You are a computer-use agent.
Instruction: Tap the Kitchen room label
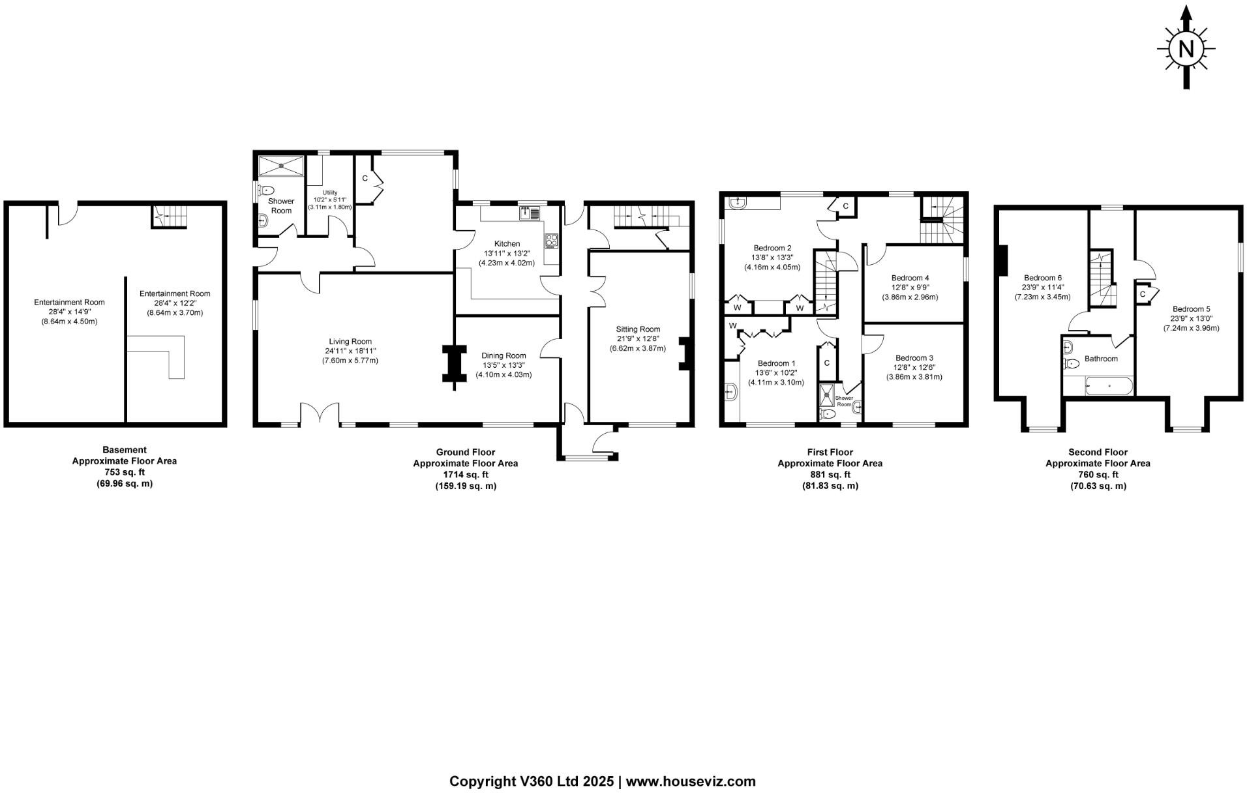[x=506, y=244]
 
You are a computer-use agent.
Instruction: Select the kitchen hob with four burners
[x=552, y=241]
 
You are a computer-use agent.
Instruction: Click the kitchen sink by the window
[x=530, y=213]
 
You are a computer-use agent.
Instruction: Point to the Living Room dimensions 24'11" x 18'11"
[x=350, y=351]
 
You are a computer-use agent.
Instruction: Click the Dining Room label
[x=504, y=355]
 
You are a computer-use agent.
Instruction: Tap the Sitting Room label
[x=639, y=329]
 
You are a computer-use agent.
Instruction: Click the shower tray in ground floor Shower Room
[x=281, y=166]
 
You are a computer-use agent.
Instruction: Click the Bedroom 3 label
[x=914, y=358]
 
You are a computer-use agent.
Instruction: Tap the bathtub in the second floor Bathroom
[x=1108, y=387]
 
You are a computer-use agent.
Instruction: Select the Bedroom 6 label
[x=1042, y=278]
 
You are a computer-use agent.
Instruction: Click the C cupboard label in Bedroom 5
[x=1142, y=295]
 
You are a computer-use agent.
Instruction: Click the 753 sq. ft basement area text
[x=125, y=472]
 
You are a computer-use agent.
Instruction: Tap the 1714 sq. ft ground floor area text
[x=466, y=475]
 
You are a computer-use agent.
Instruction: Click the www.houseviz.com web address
[x=691, y=781]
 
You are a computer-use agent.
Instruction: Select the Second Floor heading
[x=1098, y=452]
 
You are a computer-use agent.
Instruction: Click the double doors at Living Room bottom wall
[x=320, y=414]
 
